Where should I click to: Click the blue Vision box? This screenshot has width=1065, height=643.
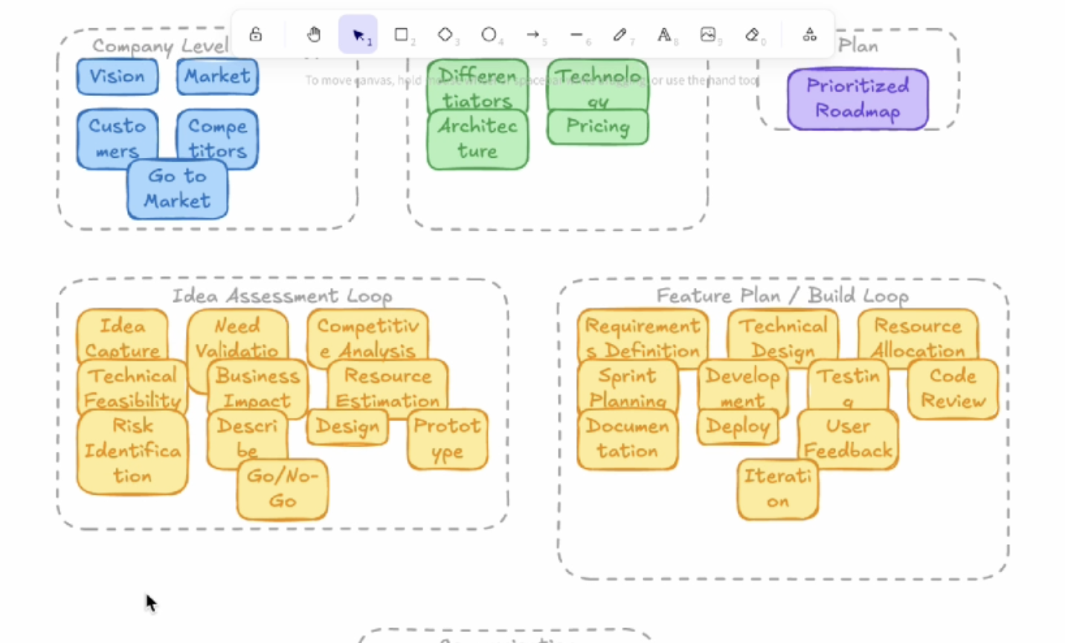[x=118, y=77]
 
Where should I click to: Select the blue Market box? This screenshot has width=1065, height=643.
[x=217, y=77]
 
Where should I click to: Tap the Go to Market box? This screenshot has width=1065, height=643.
[x=177, y=189]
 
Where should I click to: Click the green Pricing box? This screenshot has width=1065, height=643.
[x=597, y=127]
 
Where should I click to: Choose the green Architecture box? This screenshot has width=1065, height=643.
[x=477, y=139]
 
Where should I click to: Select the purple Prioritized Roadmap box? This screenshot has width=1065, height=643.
[x=858, y=99]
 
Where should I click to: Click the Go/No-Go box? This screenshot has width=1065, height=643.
[x=282, y=489]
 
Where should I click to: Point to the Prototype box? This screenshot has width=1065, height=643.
[x=447, y=439]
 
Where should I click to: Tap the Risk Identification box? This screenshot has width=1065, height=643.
[x=132, y=451]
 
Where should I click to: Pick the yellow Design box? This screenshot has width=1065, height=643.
[x=347, y=427]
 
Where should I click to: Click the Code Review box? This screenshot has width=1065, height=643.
[x=953, y=388]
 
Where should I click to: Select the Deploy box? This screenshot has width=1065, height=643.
[x=738, y=426]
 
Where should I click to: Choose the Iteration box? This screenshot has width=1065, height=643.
[x=777, y=489]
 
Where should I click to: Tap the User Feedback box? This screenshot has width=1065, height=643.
[x=848, y=439]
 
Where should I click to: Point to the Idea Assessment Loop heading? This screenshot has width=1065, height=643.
[x=282, y=296]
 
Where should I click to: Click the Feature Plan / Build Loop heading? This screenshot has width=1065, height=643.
[x=782, y=296]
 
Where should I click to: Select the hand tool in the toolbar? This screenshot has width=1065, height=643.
[x=314, y=34]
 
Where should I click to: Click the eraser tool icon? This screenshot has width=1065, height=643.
[x=752, y=34]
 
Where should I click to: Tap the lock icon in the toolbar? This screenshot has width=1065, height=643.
[x=255, y=34]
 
